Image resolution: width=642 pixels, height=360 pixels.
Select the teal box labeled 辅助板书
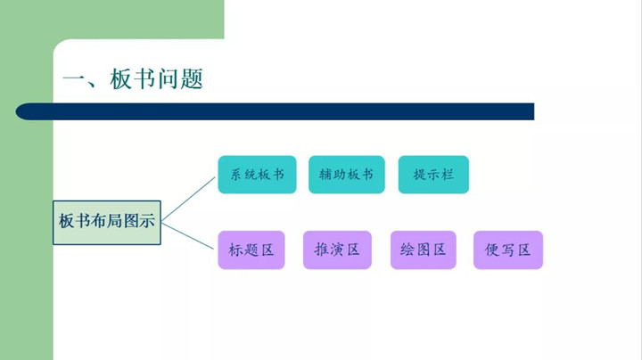tap(346, 175)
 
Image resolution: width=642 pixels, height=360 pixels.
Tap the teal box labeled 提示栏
tap(433, 175)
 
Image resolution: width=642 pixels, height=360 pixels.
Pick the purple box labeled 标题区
tap(251, 250)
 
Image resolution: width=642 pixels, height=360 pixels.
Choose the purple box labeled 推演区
tap(337, 250)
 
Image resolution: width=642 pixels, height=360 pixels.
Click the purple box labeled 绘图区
tap(424, 250)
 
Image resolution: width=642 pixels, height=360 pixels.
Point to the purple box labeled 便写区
tap(508, 250)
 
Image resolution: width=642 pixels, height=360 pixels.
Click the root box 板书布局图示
tap(107, 222)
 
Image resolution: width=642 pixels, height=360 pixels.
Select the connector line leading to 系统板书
tap(189, 197)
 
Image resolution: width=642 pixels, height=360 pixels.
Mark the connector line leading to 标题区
tap(189, 234)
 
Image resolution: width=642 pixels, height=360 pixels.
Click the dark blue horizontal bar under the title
tap(276, 111)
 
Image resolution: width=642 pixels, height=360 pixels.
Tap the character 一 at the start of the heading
tap(72, 79)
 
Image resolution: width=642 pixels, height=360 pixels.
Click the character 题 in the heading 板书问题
tap(191, 79)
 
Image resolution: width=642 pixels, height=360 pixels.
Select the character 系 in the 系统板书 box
tap(236, 175)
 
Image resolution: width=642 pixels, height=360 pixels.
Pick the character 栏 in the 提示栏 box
tap(449, 175)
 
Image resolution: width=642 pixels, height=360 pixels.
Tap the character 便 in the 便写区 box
tap(491, 250)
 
